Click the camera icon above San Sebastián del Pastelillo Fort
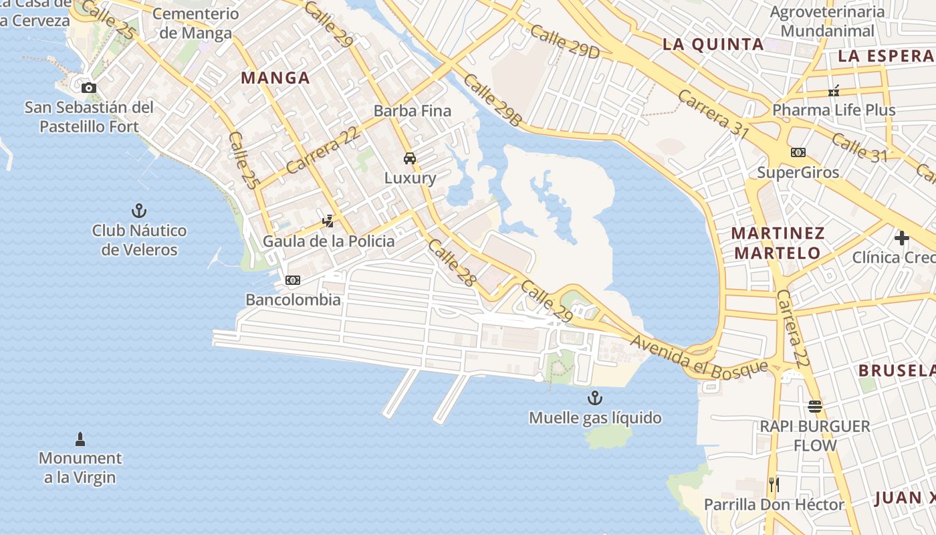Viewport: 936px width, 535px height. pyautogui.click(x=88, y=88)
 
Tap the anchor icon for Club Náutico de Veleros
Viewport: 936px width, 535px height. pyautogui.click(x=139, y=211)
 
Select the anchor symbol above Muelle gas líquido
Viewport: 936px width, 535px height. pyautogui.click(x=594, y=399)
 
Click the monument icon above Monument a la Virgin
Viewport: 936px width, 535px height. pyautogui.click(x=80, y=439)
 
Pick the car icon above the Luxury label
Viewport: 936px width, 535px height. pyautogui.click(x=410, y=158)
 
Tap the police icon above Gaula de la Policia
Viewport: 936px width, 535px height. pyautogui.click(x=328, y=221)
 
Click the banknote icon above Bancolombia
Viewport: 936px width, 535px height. pyautogui.click(x=293, y=280)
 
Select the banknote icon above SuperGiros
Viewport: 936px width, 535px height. pyautogui.click(x=798, y=152)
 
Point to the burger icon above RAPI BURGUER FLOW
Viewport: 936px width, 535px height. pyautogui.click(x=814, y=406)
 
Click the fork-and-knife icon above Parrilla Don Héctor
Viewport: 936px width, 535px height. pyautogui.click(x=774, y=484)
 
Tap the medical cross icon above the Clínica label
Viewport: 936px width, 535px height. pyautogui.click(x=902, y=237)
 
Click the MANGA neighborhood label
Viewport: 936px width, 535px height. pyautogui.click(x=275, y=78)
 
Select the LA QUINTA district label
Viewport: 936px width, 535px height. pyautogui.click(x=713, y=44)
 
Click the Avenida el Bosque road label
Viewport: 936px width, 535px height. pyautogui.click(x=700, y=354)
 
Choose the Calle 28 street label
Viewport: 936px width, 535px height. pyautogui.click(x=452, y=263)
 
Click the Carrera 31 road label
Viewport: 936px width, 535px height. pyautogui.click(x=713, y=114)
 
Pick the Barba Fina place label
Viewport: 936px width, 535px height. pyautogui.click(x=413, y=110)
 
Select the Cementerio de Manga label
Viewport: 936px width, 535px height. pyautogui.click(x=196, y=23)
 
